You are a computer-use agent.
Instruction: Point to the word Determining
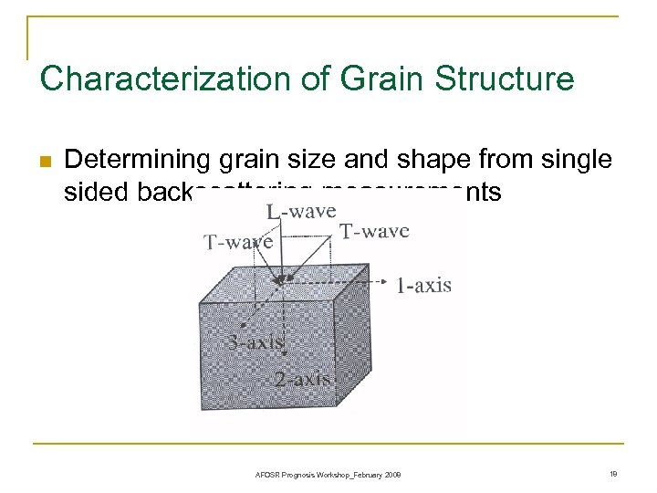pos(140,161)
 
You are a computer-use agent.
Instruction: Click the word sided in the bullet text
pos(92,192)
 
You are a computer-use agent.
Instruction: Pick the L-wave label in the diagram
pos(300,211)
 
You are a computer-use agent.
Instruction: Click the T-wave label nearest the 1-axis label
pos(374,231)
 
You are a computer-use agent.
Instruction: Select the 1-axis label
pos(423,286)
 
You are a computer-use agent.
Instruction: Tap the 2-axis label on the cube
pos(302,378)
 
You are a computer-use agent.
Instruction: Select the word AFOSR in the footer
pos(268,475)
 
